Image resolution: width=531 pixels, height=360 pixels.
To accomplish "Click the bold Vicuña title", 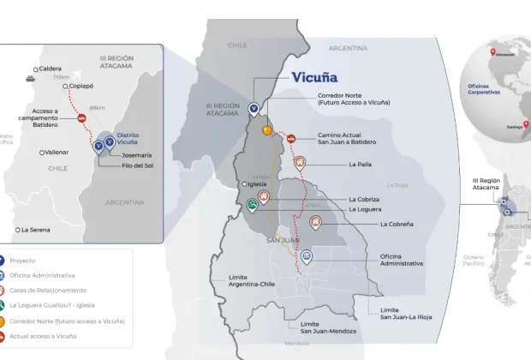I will tap(313, 77).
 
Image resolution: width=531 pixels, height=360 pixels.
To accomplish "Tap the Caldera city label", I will tap(48, 69).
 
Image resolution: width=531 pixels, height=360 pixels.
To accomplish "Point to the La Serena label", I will tap(34, 230).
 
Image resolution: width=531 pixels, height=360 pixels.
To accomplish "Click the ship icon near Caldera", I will tap(29, 76).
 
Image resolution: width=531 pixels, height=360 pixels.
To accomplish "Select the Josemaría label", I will tap(136, 155).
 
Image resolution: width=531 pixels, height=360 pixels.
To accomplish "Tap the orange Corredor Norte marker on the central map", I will tap(267, 130).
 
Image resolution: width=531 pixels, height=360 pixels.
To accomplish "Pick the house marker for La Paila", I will tap(300, 162).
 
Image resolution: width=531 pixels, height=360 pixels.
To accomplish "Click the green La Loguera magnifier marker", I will tap(252, 205).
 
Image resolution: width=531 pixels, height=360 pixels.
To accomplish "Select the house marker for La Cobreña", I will tap(316, 222).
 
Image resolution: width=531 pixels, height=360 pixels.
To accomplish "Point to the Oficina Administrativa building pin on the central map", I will tap(306, 255).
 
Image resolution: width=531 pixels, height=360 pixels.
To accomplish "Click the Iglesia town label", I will tap(257, 183).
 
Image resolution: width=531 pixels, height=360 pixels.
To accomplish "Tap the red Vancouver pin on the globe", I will tap(492, 53).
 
